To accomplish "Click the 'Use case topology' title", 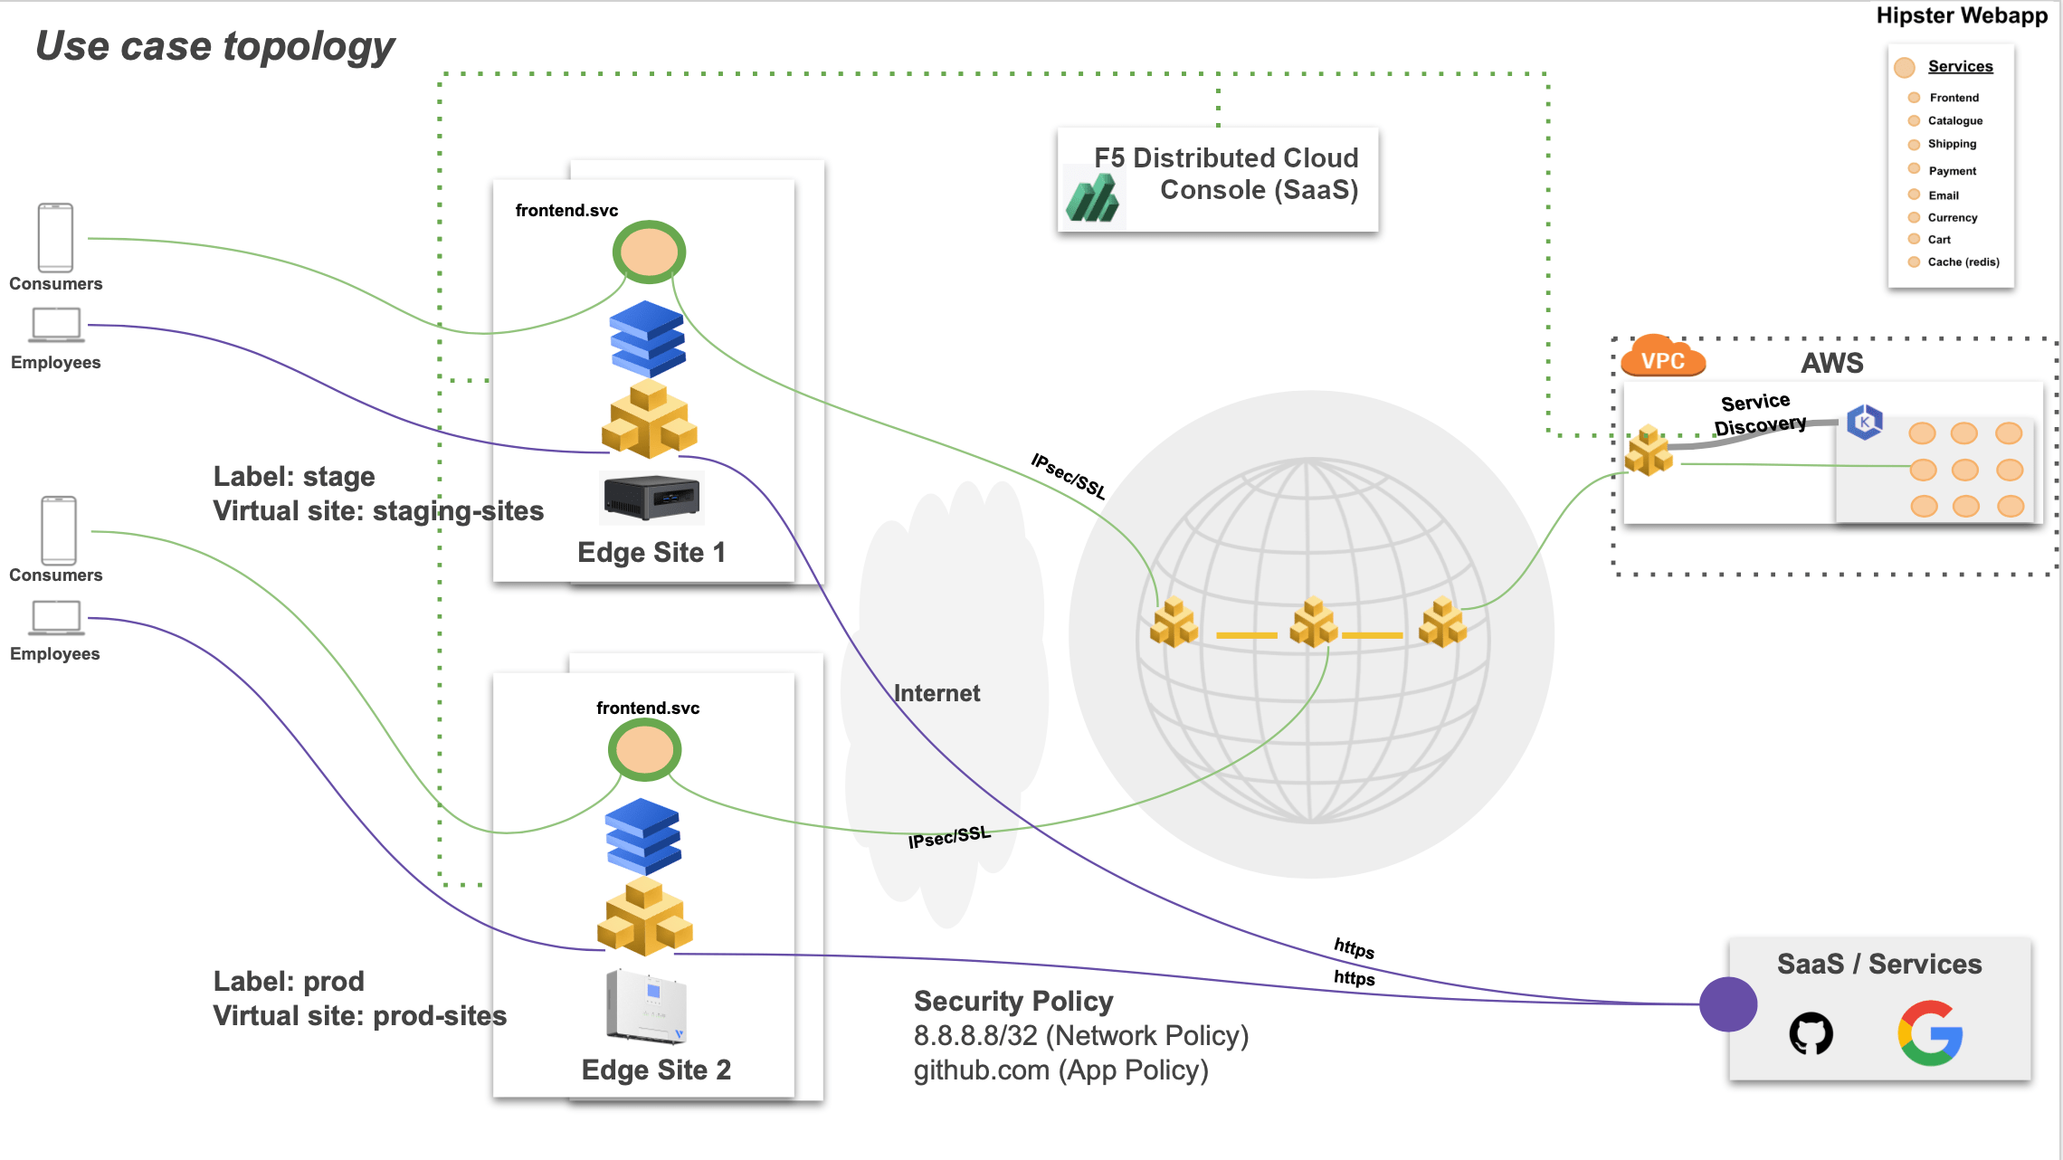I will point(214,46).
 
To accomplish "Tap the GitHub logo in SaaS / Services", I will point(1811,1033).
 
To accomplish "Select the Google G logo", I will point(1930,1032).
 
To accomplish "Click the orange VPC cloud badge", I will point(1663,358).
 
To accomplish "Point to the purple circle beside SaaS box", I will point(1727,1004).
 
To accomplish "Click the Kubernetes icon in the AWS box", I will point(1864,422).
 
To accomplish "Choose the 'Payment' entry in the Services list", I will point(1952,171).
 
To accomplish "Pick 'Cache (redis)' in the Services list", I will point(1963,262).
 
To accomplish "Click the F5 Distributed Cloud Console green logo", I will point(1092,197).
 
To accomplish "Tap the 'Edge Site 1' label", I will point(651,552).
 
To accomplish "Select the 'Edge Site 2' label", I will point(656,1070).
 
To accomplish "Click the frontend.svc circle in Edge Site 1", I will point(649,252).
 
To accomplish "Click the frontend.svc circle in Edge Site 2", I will point(644,750).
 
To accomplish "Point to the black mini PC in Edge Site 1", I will point(651,497).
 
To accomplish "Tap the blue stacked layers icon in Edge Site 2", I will point(642,834).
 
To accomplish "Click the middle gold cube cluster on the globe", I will point(1314,623).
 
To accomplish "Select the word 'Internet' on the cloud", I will point(936,693).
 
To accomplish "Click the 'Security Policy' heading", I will point(1013,1001).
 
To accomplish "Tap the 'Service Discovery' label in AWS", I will point(1758,414).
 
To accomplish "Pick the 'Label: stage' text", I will point(294,476).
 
